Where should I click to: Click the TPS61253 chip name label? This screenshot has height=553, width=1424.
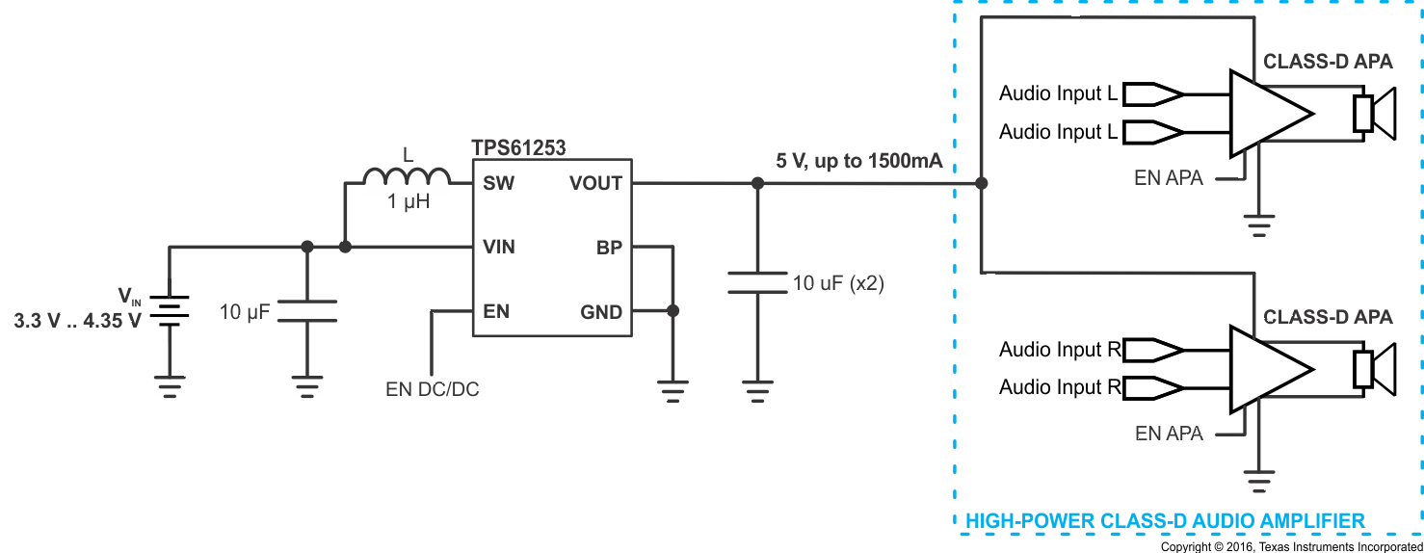coord(518,147)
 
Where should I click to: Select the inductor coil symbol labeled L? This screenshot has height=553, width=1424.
coord(407,177)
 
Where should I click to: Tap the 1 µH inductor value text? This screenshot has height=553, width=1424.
coord(408,202)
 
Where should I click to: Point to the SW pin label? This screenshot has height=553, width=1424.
coord(498,183)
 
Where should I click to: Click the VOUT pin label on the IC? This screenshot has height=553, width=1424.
coord(595,183)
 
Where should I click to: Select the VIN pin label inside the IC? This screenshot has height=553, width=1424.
coord(499,248)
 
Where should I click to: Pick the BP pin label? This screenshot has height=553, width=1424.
coord(609,248)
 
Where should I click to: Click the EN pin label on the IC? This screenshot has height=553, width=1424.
coord(496,312)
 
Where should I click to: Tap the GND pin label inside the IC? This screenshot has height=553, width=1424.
coord(601,312)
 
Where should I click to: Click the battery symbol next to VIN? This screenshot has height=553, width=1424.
coord(170,311)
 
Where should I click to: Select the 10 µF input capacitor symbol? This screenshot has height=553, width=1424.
coord(307,311)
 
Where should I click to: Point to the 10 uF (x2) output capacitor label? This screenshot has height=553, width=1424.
coord(838,284)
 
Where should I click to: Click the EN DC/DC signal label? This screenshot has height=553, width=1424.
coord(433,390)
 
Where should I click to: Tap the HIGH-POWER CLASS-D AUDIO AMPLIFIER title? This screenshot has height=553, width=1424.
coord(1165,521)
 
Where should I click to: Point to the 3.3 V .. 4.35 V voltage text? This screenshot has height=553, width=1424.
coord(77,321)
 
